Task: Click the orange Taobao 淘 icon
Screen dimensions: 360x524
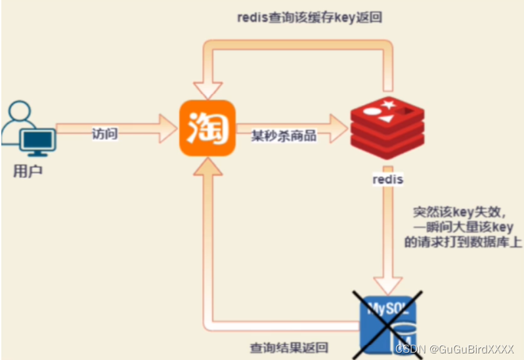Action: pos(207,128)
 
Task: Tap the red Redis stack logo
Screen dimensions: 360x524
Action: pos(386,129)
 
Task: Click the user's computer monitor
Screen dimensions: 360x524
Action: pos(37,141)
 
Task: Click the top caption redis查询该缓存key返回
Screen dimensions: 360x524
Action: pos(310,18)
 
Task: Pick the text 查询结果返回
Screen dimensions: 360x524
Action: pos(289,348)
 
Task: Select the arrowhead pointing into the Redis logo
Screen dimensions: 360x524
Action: pos(339,129)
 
